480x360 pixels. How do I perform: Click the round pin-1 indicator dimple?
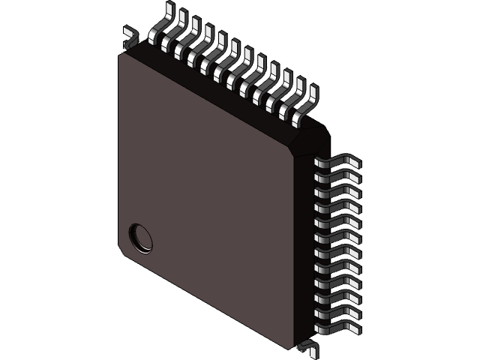click(x=140, y=238)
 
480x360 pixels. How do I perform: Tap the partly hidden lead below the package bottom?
click(x=307, y=346)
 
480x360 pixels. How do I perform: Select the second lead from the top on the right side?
click(x=337, y=176)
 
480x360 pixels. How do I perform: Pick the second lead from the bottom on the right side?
click(x=337, y=310)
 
